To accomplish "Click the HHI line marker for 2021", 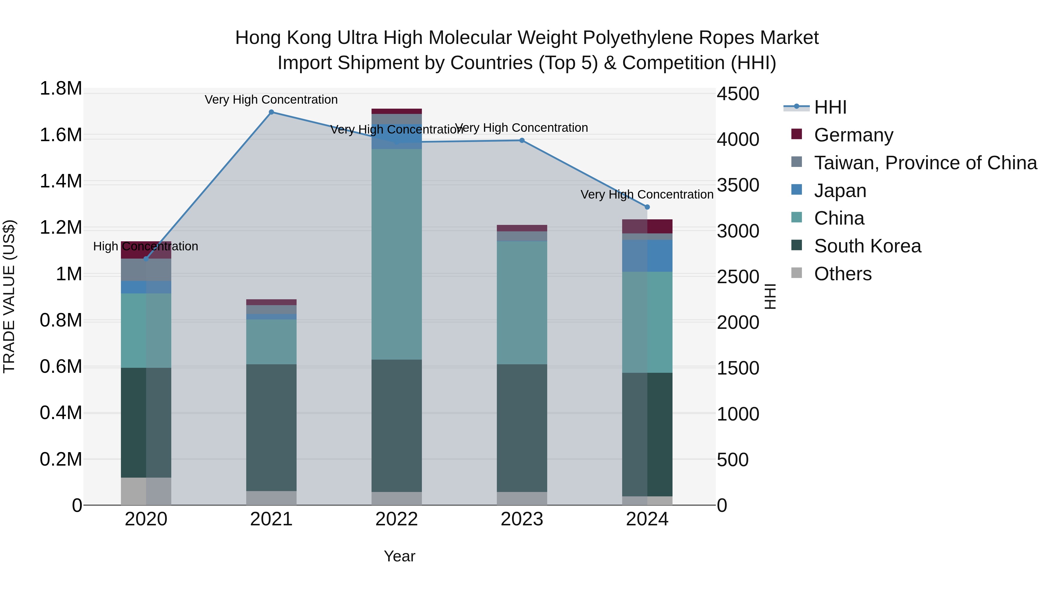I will point(271,112).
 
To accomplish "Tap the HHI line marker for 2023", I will point(522,140).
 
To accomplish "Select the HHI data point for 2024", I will point(647,207).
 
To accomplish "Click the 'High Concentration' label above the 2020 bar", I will point(146,246).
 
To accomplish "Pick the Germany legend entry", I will point(853,135).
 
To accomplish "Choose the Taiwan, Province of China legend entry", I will point(925,163).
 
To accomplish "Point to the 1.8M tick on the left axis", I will point(61,89).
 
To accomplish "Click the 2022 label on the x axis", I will point(396,519).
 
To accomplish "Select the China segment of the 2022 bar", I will point(396,254).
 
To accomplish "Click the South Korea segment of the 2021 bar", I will point(271,428).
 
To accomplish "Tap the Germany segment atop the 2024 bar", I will point(647,226).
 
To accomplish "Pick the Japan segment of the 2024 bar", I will point(647,256).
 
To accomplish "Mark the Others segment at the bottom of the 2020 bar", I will point(146,491).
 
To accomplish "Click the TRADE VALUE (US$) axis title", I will point(9,296).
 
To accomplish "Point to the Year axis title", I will point(399,556).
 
